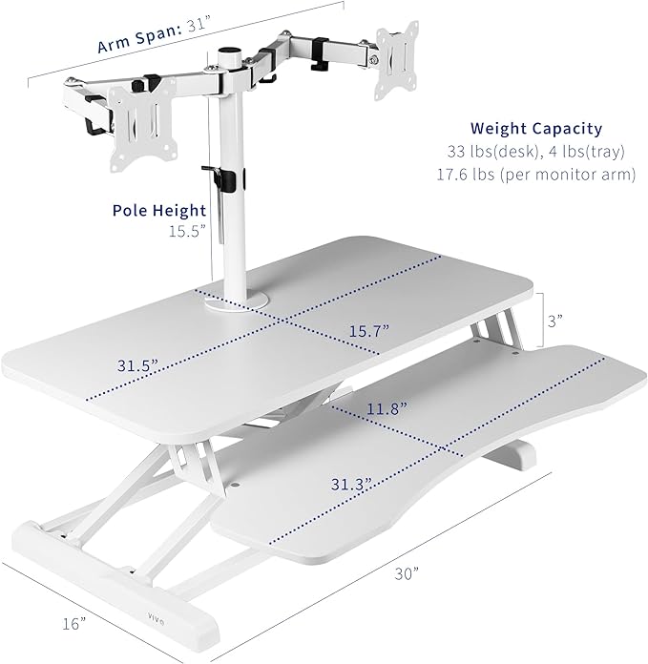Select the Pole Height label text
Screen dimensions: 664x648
pyautogui.click(x=158, y=211)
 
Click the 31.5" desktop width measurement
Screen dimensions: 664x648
pyautogui.click(x=137, y=365)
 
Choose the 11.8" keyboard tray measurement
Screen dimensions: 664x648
pyautogui.click(x=385, y=408)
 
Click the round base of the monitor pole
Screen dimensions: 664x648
pyautogui.click(x=234, y=302)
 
